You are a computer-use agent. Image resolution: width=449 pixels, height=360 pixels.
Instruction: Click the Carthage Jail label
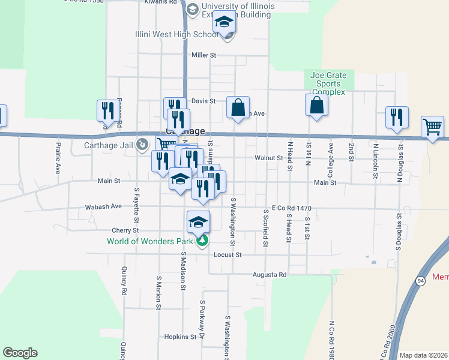coord(106,144)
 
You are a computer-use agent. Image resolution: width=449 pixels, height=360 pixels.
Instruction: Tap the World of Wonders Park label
coord(150,242)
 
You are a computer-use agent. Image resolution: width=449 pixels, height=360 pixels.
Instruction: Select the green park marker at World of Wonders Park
coord(203,241)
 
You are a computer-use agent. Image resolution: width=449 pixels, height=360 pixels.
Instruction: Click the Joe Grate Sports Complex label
coord(328,83)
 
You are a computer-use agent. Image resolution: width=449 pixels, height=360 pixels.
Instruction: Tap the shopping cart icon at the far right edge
coord(433,127)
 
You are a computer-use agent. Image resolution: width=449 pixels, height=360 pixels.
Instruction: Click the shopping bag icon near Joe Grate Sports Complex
coord(316,105)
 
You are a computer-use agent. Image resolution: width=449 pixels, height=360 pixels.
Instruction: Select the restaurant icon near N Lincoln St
coord(397,117)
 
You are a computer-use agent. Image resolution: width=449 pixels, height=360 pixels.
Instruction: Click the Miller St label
coord(203,55)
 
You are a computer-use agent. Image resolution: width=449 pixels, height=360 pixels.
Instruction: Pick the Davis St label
coord(203,101)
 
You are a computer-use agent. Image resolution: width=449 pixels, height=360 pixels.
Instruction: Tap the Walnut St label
coord(268,158)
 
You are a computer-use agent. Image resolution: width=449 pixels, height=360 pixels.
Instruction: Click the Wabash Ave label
coord(103,206)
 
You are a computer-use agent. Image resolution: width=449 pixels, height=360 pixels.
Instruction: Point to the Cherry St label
coord(125,230)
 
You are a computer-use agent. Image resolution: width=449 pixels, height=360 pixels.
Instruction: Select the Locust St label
coord(228,255)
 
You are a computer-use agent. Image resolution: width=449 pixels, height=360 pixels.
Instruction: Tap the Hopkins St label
coord(180,337)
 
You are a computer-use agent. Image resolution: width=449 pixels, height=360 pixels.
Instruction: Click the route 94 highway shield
coord(421,280)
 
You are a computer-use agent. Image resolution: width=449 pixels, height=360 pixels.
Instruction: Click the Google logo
coord(20,353)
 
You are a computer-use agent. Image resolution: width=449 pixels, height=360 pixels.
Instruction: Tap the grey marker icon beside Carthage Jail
coord(142,144)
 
